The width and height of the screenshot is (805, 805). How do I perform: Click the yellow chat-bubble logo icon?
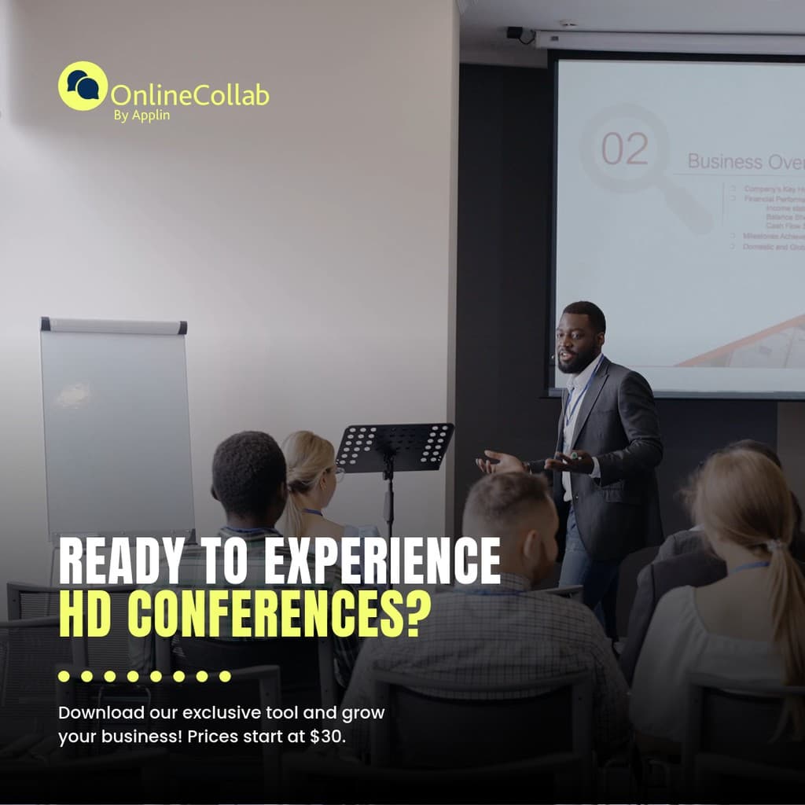(x=83, y=86)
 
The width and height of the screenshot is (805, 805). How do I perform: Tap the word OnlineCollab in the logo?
(x=189, y=96)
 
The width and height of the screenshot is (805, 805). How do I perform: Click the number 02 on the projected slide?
(x=625, y=149)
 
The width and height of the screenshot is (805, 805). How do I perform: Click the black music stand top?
(x=395, y=447)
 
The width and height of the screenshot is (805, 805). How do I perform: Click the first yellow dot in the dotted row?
(x=64, y=676)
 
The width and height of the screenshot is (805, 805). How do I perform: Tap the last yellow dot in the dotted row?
(x=225, y=676)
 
